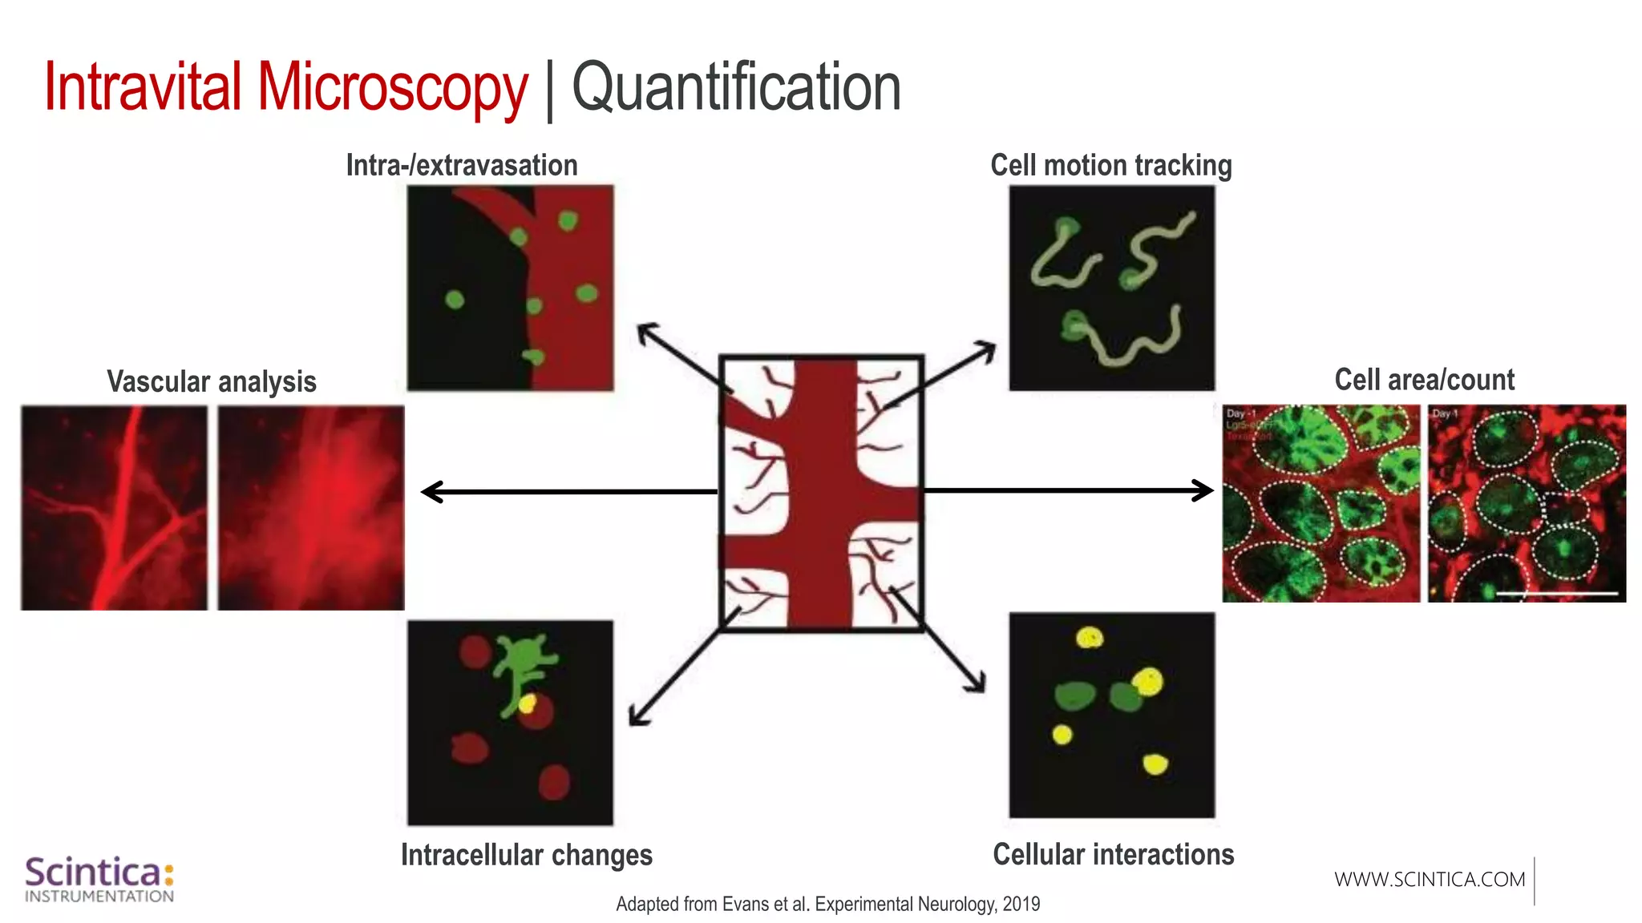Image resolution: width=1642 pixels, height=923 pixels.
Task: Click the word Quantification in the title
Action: [736, 88]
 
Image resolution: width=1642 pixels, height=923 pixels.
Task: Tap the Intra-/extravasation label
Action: [462, 165]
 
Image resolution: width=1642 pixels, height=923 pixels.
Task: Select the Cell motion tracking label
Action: [1110, 165]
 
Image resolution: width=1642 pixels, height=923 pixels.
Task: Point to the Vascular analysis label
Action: [212, 381]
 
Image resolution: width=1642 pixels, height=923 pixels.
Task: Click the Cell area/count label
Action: [1424, 380]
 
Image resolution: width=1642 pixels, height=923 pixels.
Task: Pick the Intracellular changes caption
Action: [526, 855]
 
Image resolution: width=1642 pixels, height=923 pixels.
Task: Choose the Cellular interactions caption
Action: [1113, 854]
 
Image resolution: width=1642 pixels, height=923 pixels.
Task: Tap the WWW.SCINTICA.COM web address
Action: [1430, 880]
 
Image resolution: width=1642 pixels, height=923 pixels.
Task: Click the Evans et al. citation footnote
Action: [827, 904]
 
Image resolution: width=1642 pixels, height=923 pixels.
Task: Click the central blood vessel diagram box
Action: [822, 493]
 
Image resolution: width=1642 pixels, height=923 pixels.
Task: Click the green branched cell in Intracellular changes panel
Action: [523, 665]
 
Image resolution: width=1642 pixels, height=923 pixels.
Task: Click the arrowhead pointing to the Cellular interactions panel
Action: [976, 683]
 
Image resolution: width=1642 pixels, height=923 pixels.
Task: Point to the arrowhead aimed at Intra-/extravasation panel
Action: [646, 332]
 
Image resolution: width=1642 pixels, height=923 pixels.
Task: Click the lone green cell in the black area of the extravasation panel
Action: [455, 300]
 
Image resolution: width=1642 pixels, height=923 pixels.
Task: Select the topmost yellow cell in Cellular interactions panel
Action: [1090, 638]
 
